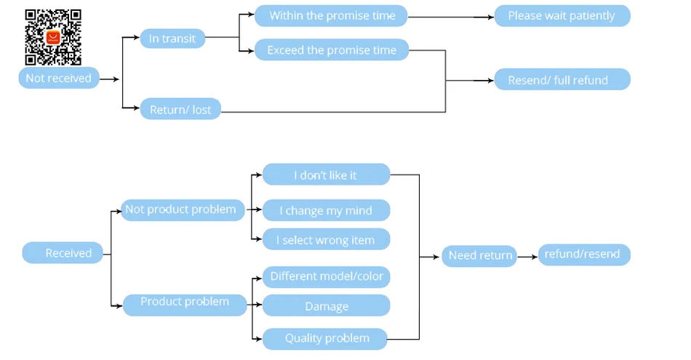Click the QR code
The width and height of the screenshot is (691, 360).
(x=53, y=37)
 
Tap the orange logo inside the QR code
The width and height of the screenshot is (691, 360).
(x=53, y=37)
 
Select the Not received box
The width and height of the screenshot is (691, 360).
(x=59, y=78)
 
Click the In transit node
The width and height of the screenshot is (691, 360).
(x=172, y=39)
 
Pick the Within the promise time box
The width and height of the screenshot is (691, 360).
(x=331, y=16)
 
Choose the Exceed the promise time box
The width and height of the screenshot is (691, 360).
(x=332, y=49)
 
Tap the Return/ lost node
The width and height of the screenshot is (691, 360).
(x=180, y=109)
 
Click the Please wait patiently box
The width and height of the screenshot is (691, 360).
(x=562, y=16)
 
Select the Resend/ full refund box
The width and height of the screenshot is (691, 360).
(x=562, y=79)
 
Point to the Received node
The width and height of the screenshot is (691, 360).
(x=63, y=252)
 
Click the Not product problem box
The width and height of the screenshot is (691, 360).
(x=183, y=209)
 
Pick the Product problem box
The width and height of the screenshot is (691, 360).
(x=185, y=305)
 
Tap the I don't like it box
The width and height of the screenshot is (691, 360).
(x=326, y=175)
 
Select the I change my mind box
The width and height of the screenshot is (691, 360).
(x=326, y=210)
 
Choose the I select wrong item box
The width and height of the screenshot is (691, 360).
(x=326, y=239)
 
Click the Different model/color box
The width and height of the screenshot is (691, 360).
(x=326, y=276)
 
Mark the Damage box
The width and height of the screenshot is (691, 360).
(x=326, y=305)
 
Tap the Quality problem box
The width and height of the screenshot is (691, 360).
(x=325, y=339)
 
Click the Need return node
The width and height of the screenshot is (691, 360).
(x=479, y=256)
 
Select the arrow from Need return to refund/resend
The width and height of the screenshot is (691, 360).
(x=527, y=257)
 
